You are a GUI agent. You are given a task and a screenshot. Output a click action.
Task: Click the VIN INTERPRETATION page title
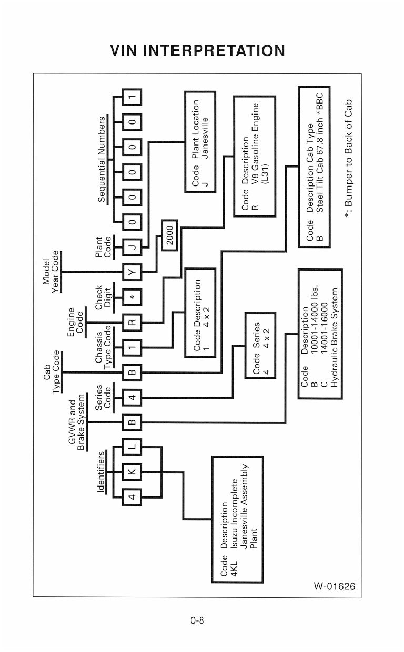click(198, 50)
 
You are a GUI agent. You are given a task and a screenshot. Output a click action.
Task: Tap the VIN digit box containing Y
click(132, 273)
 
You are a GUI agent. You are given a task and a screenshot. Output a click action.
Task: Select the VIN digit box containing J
click(132, 247)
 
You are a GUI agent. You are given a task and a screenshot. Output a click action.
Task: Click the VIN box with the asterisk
click(132, 297)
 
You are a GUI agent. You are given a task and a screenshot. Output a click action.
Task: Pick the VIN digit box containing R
click(132, 323)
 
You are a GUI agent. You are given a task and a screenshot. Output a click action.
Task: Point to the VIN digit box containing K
click(132, 472)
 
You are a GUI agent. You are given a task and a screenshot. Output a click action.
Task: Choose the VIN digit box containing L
click(132, 447)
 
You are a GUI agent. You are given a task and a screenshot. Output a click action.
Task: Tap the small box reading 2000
click(169, 235)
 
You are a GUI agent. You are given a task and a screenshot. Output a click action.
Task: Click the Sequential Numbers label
click(102, 160)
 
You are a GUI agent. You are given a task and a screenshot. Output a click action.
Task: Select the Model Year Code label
click(50, 272)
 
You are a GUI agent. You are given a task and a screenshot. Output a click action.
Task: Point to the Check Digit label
click(103, 297)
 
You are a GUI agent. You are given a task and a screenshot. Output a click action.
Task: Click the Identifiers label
click(101, 472)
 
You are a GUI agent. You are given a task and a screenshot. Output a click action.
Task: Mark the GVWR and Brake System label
click(76, 422)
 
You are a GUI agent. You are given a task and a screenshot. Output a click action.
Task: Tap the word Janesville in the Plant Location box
click(205, 138)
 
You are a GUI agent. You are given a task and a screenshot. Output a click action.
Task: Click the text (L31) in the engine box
click(265, 174)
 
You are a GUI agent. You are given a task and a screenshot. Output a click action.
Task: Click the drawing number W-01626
click(335, 586)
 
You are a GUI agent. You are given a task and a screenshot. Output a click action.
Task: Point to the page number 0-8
click(197, 620)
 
